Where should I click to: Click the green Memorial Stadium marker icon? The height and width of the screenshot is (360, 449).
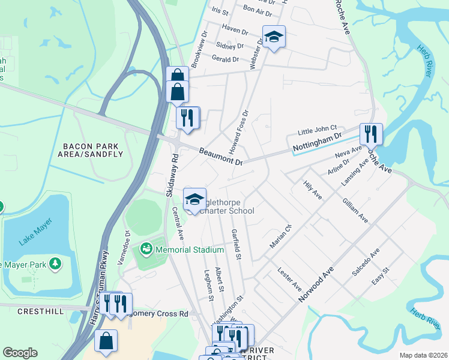pyautogui.click(x=146, y=248)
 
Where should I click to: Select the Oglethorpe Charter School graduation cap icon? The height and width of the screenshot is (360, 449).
pyautogui.click(x=194, y=199)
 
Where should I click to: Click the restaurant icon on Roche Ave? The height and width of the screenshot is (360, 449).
pyautogui.click(x=370, y=134)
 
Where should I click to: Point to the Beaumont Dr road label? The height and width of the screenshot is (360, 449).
pyautogui.click(x=221, y=158)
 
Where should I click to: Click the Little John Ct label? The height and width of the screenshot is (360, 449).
pyautogui.click(x=318, y=130)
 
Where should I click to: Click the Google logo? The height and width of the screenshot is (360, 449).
pyautogui.click(x=20, y=353)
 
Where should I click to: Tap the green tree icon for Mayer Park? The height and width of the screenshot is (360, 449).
pyautogui.click(x=55, y=263)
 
